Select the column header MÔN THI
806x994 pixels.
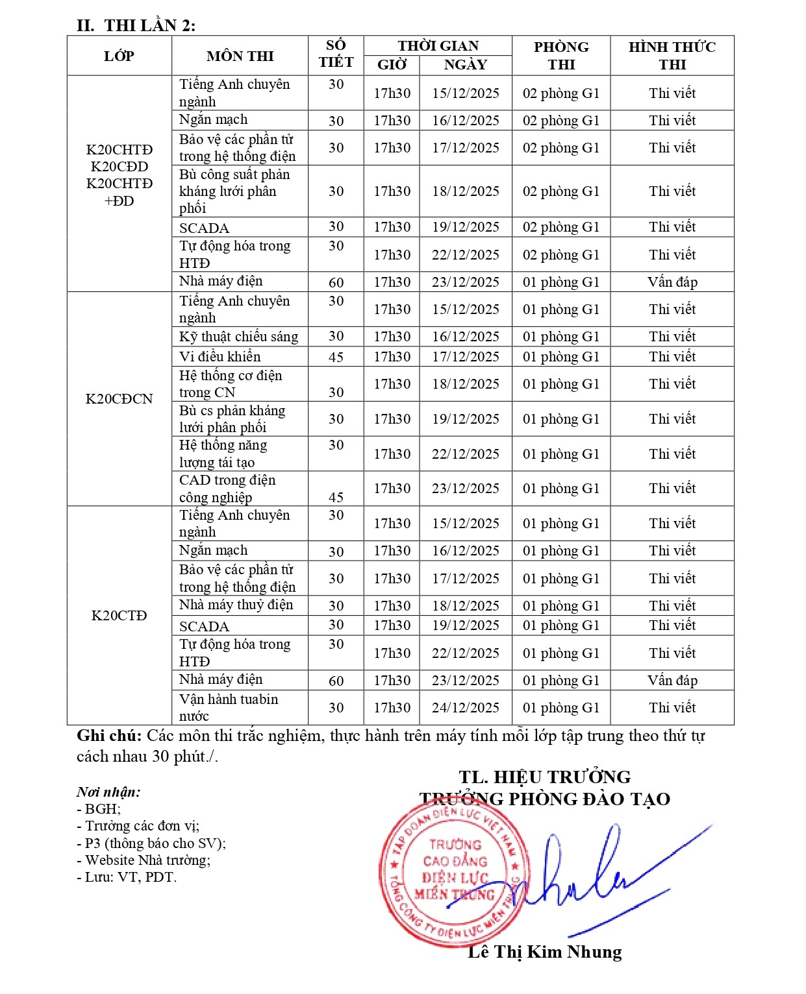click(x=240, y=56)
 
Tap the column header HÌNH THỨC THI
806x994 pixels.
click(x=672, y=56)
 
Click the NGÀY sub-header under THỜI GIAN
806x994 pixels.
click(x=465, y=65)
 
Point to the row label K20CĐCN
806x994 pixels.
click(x=119, y=399)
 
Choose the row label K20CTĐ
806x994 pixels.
click(x=119, y=616)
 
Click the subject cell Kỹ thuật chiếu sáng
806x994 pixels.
click(x=238, y=337)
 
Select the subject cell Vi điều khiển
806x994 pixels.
click(x=220, y=357)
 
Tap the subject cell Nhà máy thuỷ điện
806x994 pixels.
click(x=236, y=605)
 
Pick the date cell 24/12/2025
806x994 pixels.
click(x=465, y=708)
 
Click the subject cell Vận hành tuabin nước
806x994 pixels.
click(x=229, y=708)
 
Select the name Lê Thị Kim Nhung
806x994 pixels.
click(x=544, y=952)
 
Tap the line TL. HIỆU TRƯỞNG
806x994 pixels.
click(x=544, y=777)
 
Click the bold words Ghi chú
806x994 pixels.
click(x=108, y=736)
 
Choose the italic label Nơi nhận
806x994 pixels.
click(x=108, y=792)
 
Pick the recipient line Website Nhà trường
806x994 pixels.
click(x=147, y=860)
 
